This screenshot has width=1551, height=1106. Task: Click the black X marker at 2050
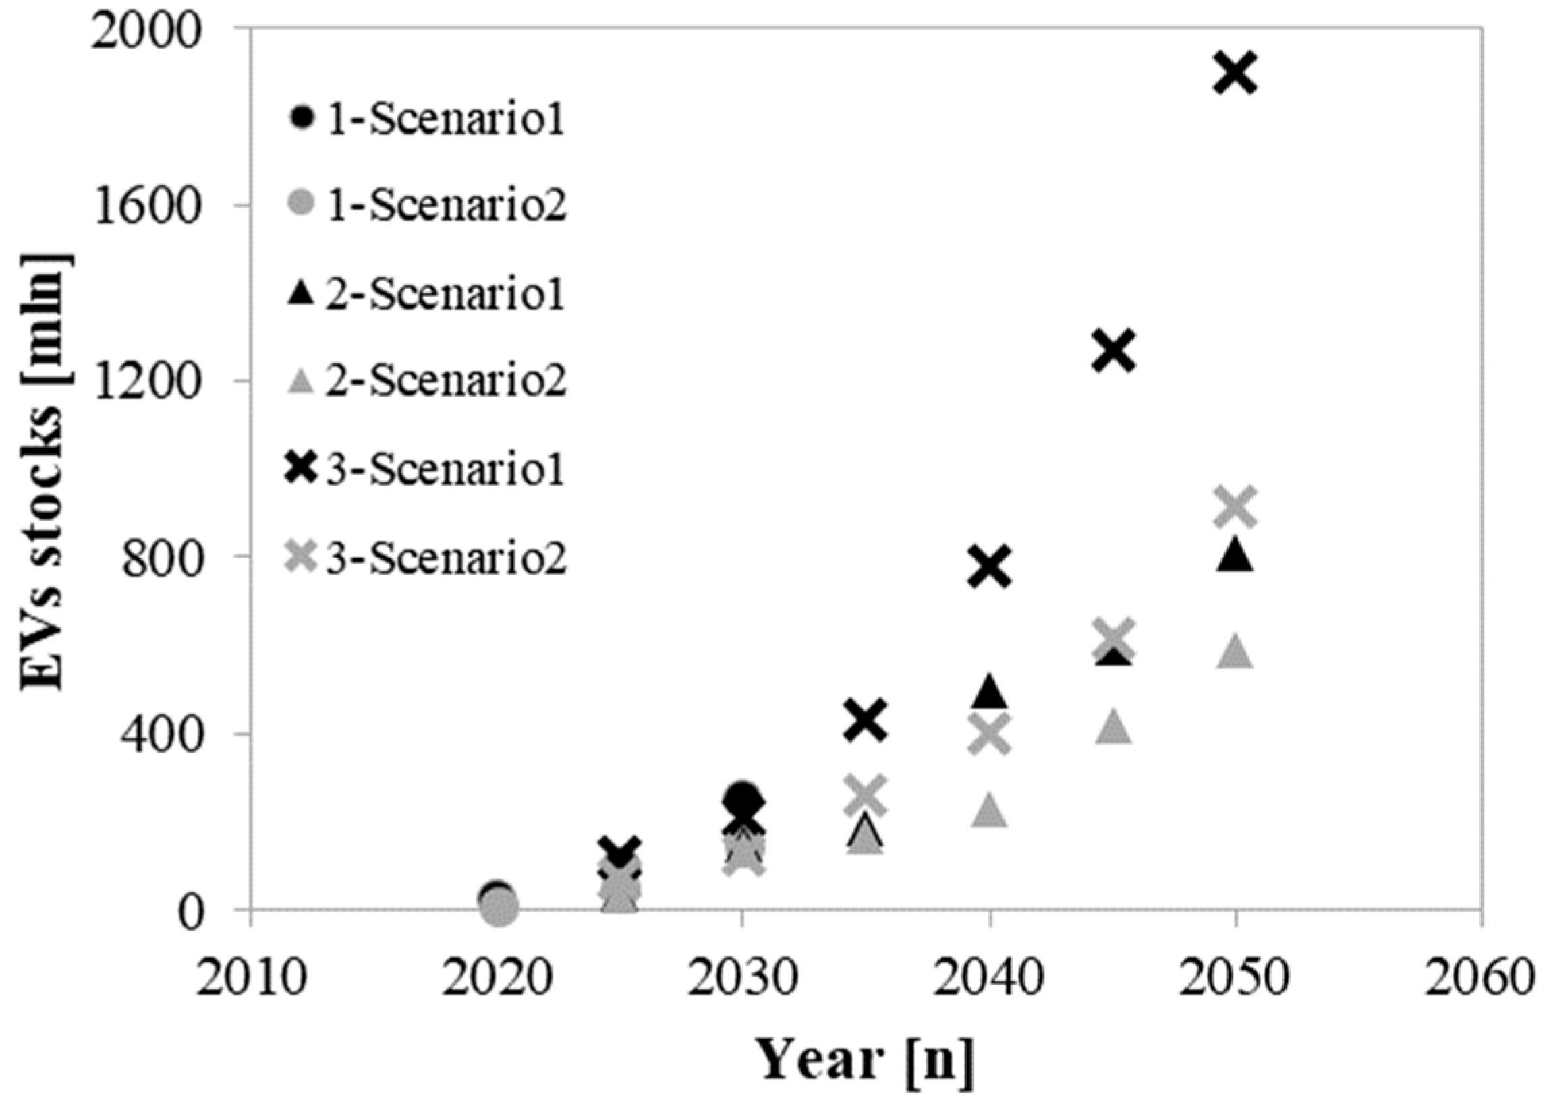point(1235,74)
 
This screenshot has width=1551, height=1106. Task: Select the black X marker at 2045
point(1113,351)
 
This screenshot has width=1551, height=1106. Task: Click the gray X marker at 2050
point(1235,506)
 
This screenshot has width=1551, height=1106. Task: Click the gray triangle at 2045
point(1113,728)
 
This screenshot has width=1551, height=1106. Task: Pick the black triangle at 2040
point(990,693)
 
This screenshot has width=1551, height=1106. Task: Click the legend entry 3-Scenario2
point(426,559)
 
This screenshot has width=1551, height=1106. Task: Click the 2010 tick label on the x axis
point(251,979)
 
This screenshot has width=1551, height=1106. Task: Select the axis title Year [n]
point(866,1060)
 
